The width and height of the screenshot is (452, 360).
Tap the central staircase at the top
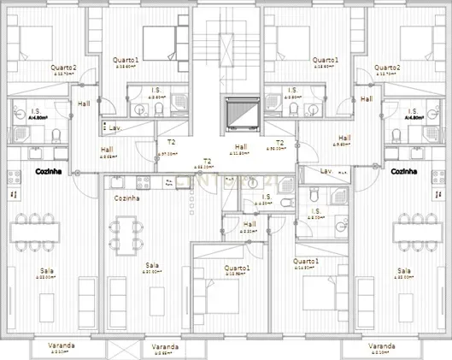coord(226,50)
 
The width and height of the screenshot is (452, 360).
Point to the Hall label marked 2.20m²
coord(249,226)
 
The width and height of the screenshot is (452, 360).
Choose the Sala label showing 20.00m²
coord(153,266)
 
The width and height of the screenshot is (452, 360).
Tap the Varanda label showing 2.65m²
coord(165,348)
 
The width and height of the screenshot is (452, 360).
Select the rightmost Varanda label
coord(382,347)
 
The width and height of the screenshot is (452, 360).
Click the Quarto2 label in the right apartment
coord(387,68)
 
